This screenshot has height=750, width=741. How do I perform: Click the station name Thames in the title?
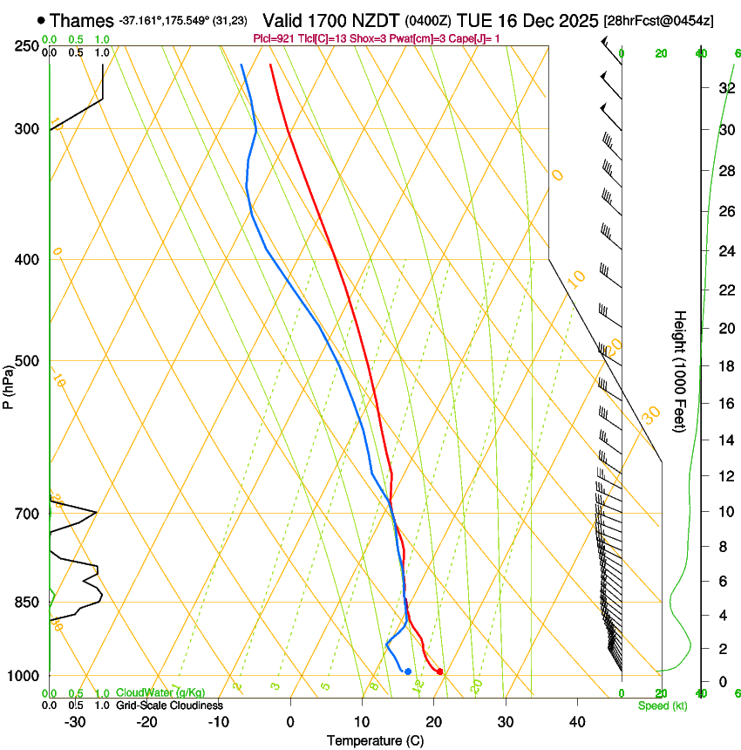82,19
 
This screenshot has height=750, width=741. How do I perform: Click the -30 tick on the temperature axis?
75,721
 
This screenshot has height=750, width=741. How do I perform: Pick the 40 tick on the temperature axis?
577,721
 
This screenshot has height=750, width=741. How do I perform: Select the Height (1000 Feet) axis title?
680,372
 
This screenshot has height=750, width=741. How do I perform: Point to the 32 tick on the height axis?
724,87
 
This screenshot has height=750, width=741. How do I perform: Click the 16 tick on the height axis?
724,403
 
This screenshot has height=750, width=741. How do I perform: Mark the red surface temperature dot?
439,672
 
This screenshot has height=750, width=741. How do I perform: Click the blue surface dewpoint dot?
408,671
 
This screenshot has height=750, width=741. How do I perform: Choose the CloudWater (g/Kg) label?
160,693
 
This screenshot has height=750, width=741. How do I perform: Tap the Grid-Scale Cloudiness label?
169,705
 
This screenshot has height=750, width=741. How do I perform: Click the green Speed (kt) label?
662,705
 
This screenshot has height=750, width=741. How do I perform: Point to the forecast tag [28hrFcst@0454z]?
657,20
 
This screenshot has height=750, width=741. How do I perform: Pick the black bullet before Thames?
41,19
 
